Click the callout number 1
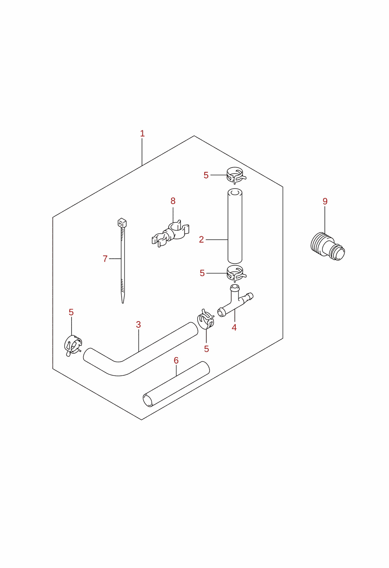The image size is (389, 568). [142, 133]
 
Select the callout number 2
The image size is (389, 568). [201, 239]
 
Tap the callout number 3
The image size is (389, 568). [138, 325]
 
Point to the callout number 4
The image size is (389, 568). [234, 327]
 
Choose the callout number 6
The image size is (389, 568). [176, 360]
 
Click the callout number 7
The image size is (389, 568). [105, 259]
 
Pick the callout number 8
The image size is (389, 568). [173, 201]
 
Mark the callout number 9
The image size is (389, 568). [325, 201]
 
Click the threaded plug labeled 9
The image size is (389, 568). [328, 246]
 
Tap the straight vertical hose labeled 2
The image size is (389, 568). [235, 226]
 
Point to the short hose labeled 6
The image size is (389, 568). [176, 384]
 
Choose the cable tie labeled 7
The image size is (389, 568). [123, 261]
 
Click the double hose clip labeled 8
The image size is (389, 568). [170, 234]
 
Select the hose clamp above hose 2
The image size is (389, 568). [236, 175]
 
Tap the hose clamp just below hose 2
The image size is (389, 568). [236, 274]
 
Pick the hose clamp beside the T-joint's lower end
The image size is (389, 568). [205, 320]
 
